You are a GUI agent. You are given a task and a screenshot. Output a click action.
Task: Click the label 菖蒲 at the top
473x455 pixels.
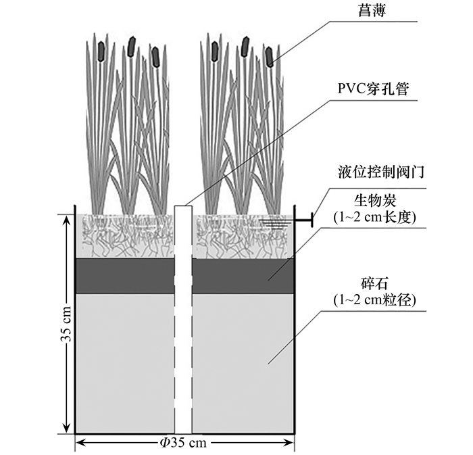tap(372, 10)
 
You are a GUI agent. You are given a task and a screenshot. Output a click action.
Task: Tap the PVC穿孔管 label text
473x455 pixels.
tap(373, 89)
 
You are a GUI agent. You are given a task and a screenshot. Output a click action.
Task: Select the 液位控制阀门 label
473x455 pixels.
tap(381, 172)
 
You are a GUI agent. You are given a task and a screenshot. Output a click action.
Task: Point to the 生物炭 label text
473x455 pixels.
tap(374, 200)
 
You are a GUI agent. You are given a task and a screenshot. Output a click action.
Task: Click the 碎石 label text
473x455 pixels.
tap(374, 284)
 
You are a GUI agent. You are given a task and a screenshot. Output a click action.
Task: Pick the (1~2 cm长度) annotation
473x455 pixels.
tap(374, 217)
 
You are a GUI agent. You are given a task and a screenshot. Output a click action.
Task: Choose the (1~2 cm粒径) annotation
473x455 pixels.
tap(374, 300)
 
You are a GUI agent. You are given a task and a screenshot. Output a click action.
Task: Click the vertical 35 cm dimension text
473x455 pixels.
tap(66, 324)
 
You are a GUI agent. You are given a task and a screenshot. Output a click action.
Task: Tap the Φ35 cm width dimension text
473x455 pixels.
tap(183, 443)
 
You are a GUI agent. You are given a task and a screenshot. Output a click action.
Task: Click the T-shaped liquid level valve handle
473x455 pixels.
tap(304, 220)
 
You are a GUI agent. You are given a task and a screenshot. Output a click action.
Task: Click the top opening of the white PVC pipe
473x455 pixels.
tap(183, 206)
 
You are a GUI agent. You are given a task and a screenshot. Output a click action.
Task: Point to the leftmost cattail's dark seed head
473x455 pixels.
tap(101, 51)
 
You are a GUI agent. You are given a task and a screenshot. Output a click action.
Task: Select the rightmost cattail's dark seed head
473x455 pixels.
tap(270, 57)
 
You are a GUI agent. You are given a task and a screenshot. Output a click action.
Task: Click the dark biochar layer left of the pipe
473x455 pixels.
tap(125, 275)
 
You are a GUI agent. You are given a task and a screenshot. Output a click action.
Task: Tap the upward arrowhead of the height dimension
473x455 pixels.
tap(67, 219)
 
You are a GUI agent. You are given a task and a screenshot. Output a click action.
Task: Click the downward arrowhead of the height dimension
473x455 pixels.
tap(67, 429)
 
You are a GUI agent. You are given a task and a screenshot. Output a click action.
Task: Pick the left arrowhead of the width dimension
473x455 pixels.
tap(80, 443)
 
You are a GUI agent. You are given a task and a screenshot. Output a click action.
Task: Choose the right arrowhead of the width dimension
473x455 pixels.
tap(289, 443)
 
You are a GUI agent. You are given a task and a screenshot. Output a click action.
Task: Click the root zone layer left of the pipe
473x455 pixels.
tap(125, 236)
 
